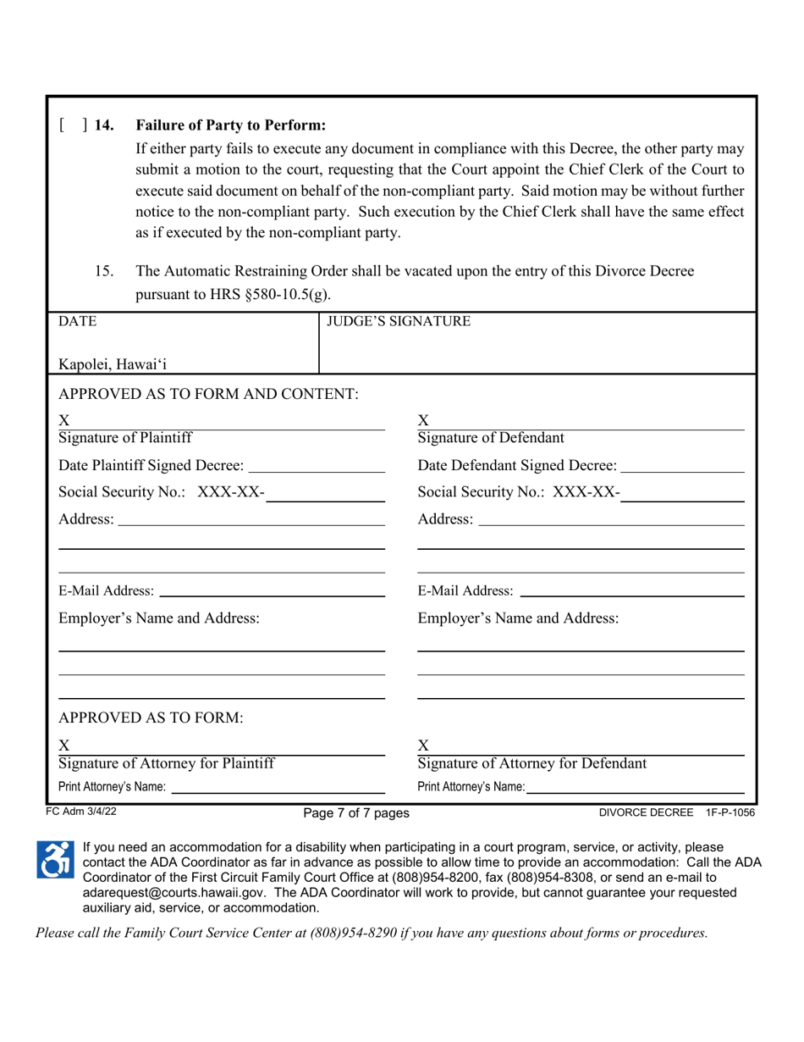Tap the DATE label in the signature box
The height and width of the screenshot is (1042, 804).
point(77,322)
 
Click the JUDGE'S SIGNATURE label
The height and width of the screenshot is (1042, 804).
point(399,322)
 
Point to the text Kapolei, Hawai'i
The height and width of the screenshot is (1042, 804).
point(113,365)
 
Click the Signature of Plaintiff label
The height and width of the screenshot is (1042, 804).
point(124,438)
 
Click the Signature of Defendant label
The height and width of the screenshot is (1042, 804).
point(491,438)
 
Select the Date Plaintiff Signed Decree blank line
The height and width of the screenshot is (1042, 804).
point(318,465)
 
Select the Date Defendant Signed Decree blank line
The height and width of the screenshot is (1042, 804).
point(682,465)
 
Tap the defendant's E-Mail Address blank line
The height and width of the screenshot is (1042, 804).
point(631,590)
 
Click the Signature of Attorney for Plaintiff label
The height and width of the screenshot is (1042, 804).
point(166,763)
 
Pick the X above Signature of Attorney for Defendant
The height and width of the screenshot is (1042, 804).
point(425,745)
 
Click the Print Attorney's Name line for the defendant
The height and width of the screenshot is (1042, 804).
point(634,788)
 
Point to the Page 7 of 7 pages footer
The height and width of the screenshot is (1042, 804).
point(356,813)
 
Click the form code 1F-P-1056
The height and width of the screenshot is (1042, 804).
point(730,812)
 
